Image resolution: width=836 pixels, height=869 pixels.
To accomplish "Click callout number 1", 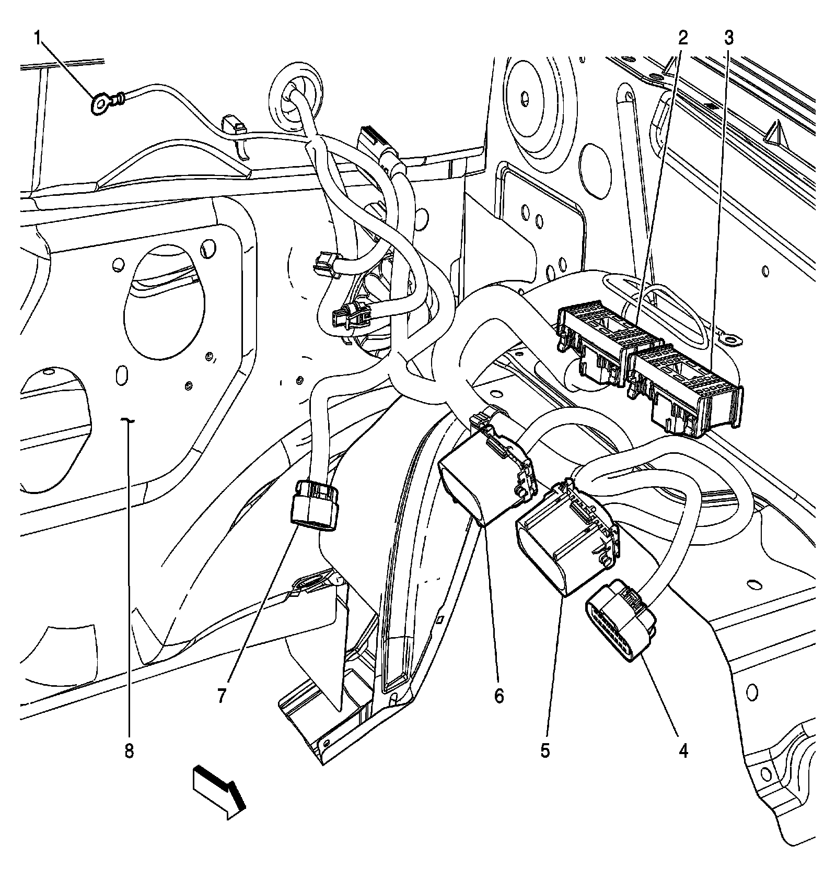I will tap(37, 38).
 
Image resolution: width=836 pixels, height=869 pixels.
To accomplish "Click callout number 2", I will tap(683, 38).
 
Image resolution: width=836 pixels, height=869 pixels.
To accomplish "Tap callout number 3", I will tap(728, 38).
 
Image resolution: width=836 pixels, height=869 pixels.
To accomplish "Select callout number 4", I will tap(683, 751).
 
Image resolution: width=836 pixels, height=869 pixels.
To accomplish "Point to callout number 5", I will tap(545, 751).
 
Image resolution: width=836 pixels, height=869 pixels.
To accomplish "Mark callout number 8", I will tap(129, 751).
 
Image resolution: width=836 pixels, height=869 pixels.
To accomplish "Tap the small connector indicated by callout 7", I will tap(314, 504).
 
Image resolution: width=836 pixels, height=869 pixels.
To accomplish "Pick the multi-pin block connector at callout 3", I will tap(684, 389).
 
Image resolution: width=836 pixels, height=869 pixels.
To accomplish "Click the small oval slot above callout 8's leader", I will tap(122, 374).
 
